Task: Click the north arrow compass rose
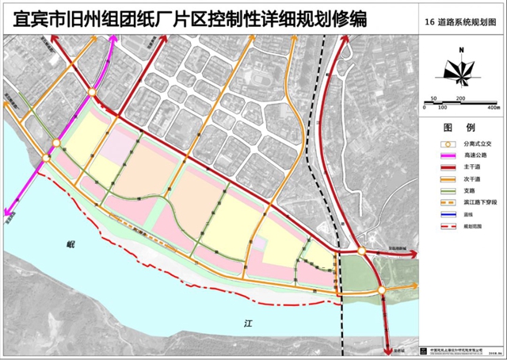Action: (x=460, y=70)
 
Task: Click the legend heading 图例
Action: (x=459, y=127)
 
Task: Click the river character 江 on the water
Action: (x=246, y=324)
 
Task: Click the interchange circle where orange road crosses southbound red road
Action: (x=382, y=290)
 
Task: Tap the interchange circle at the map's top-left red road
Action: (x=93, y=93)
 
